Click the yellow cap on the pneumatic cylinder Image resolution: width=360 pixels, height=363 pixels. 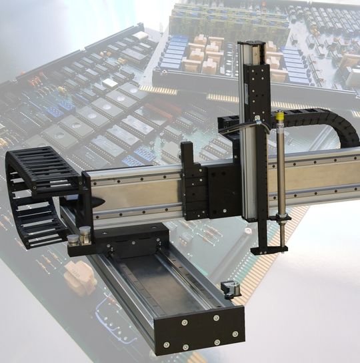click(x=280, y=121)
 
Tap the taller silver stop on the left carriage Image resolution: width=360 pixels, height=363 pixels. click(x=85, y=236)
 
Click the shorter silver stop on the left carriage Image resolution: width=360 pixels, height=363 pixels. click(x=73, y=240)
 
